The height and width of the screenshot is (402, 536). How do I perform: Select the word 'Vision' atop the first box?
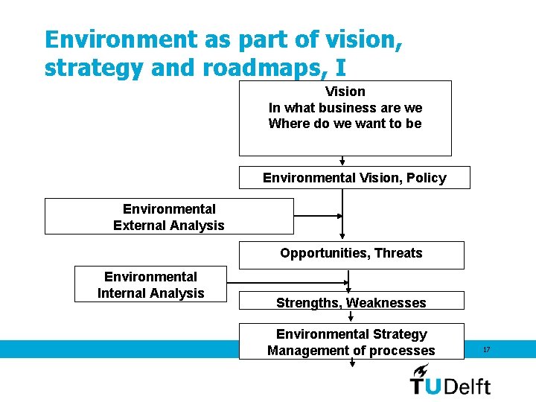pyautogui.click(x=345, y=92)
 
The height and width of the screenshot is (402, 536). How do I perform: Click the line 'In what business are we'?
pyautogui.click(x=345, y=108)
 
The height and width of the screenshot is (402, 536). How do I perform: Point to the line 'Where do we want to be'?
pyautogui.click(x=345, y=124)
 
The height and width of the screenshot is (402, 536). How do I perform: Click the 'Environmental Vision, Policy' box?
pyautogui.click(x=354, y=178)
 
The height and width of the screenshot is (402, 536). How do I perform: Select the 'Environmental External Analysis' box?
pyautogui.click(x=169, y=217)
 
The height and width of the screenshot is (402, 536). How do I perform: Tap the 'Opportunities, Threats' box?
pyautogui.click(x=351, y=254)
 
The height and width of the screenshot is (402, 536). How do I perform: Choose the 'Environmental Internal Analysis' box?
pyautogui.click(x=150, y=284)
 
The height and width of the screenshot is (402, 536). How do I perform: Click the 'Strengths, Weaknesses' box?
pyautogui.click(x=351, y=301)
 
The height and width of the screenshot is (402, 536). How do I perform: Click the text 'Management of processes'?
pyautogui.click(x=351, y=351)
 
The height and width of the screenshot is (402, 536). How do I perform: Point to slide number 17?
pyautogui.click(x=486, y=349)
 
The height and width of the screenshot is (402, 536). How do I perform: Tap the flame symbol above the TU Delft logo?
pyautogui.click(x=421, y=370)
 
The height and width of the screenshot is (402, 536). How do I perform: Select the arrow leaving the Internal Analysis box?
pyautogui.click(x=287, y=281)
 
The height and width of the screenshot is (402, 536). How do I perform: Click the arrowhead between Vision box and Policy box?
pyautogui.click(x=342, y=161)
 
